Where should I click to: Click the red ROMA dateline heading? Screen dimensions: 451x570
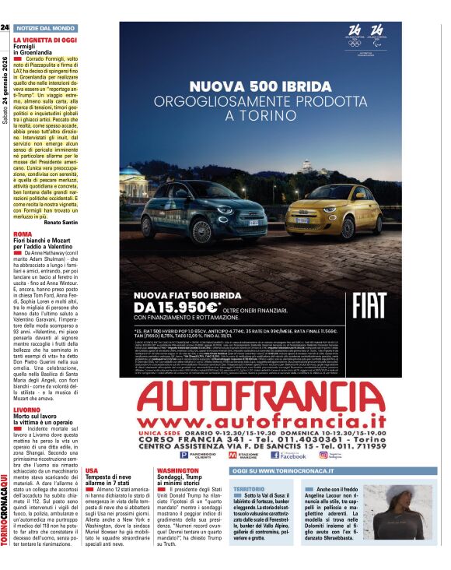[23, 234]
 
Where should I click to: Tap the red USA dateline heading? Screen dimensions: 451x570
[92, 471]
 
